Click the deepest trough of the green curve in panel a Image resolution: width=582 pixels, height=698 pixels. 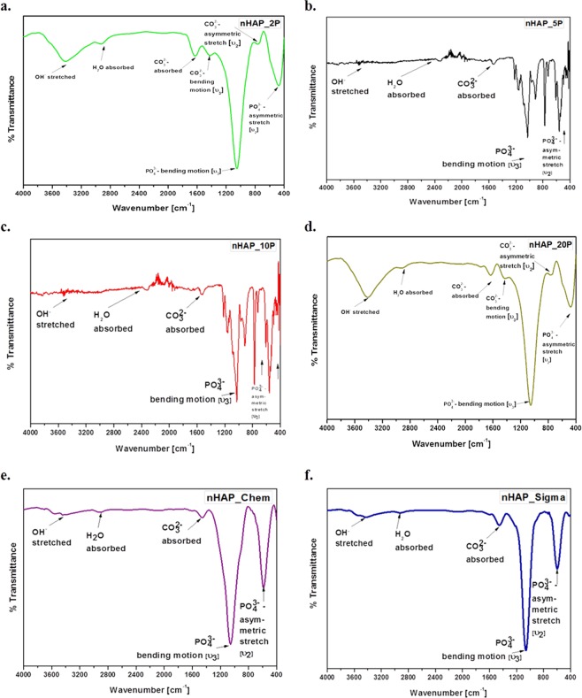tap(236, 165)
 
